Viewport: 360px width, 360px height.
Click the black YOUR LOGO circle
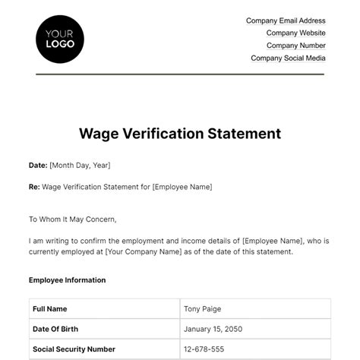click(x=60, y=38)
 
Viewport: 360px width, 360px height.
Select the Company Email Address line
click(x=286, y=21)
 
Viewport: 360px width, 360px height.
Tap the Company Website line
click(x=295, y=33)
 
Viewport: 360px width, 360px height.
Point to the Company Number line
click(x=295, y=46)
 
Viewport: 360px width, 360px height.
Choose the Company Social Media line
click(x=288, y=58)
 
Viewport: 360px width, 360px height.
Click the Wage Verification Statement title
click(x=180, y=134)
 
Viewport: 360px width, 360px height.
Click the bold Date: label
click(x=38, y=165)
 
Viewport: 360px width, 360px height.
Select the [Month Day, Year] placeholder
click(x=80, y=165)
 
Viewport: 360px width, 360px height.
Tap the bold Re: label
click(x=35, y=186)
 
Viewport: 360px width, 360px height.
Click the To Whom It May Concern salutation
click(x=73, y=219)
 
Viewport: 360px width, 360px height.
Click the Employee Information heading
click(x=67, y=280)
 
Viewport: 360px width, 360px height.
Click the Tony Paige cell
click(x=204, y=309)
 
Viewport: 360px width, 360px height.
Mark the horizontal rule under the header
click(x=180, y=74)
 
